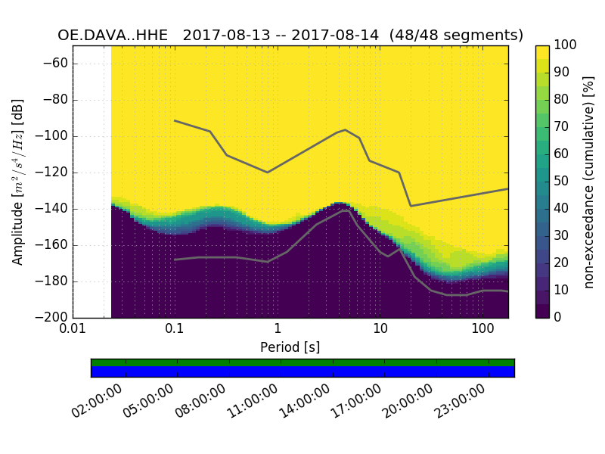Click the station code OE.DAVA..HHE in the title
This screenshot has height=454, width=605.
pyautogui.click(x=116, y=35)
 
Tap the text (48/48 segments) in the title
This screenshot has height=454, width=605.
pyautogui.click(x=462, y=35)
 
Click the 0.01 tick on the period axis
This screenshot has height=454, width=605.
pyautogui.click(x=73, y=329)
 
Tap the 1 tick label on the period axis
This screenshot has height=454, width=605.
pyautogui.click(x=278, y=329)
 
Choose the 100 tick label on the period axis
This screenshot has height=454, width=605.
pyautogui.click(x=482, y=329)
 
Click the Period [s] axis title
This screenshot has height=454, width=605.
pyautogui.click(x=290, y=347)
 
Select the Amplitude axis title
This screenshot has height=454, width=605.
pyautogui.click(x=18, y=182)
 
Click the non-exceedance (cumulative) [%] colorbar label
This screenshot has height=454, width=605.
pyautogui.click(x=590, y=182)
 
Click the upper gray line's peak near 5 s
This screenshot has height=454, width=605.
pyautogui.click(x=346, y=129)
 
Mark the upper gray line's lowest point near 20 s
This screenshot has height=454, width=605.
pyautogui.click(x=411, y=206)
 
